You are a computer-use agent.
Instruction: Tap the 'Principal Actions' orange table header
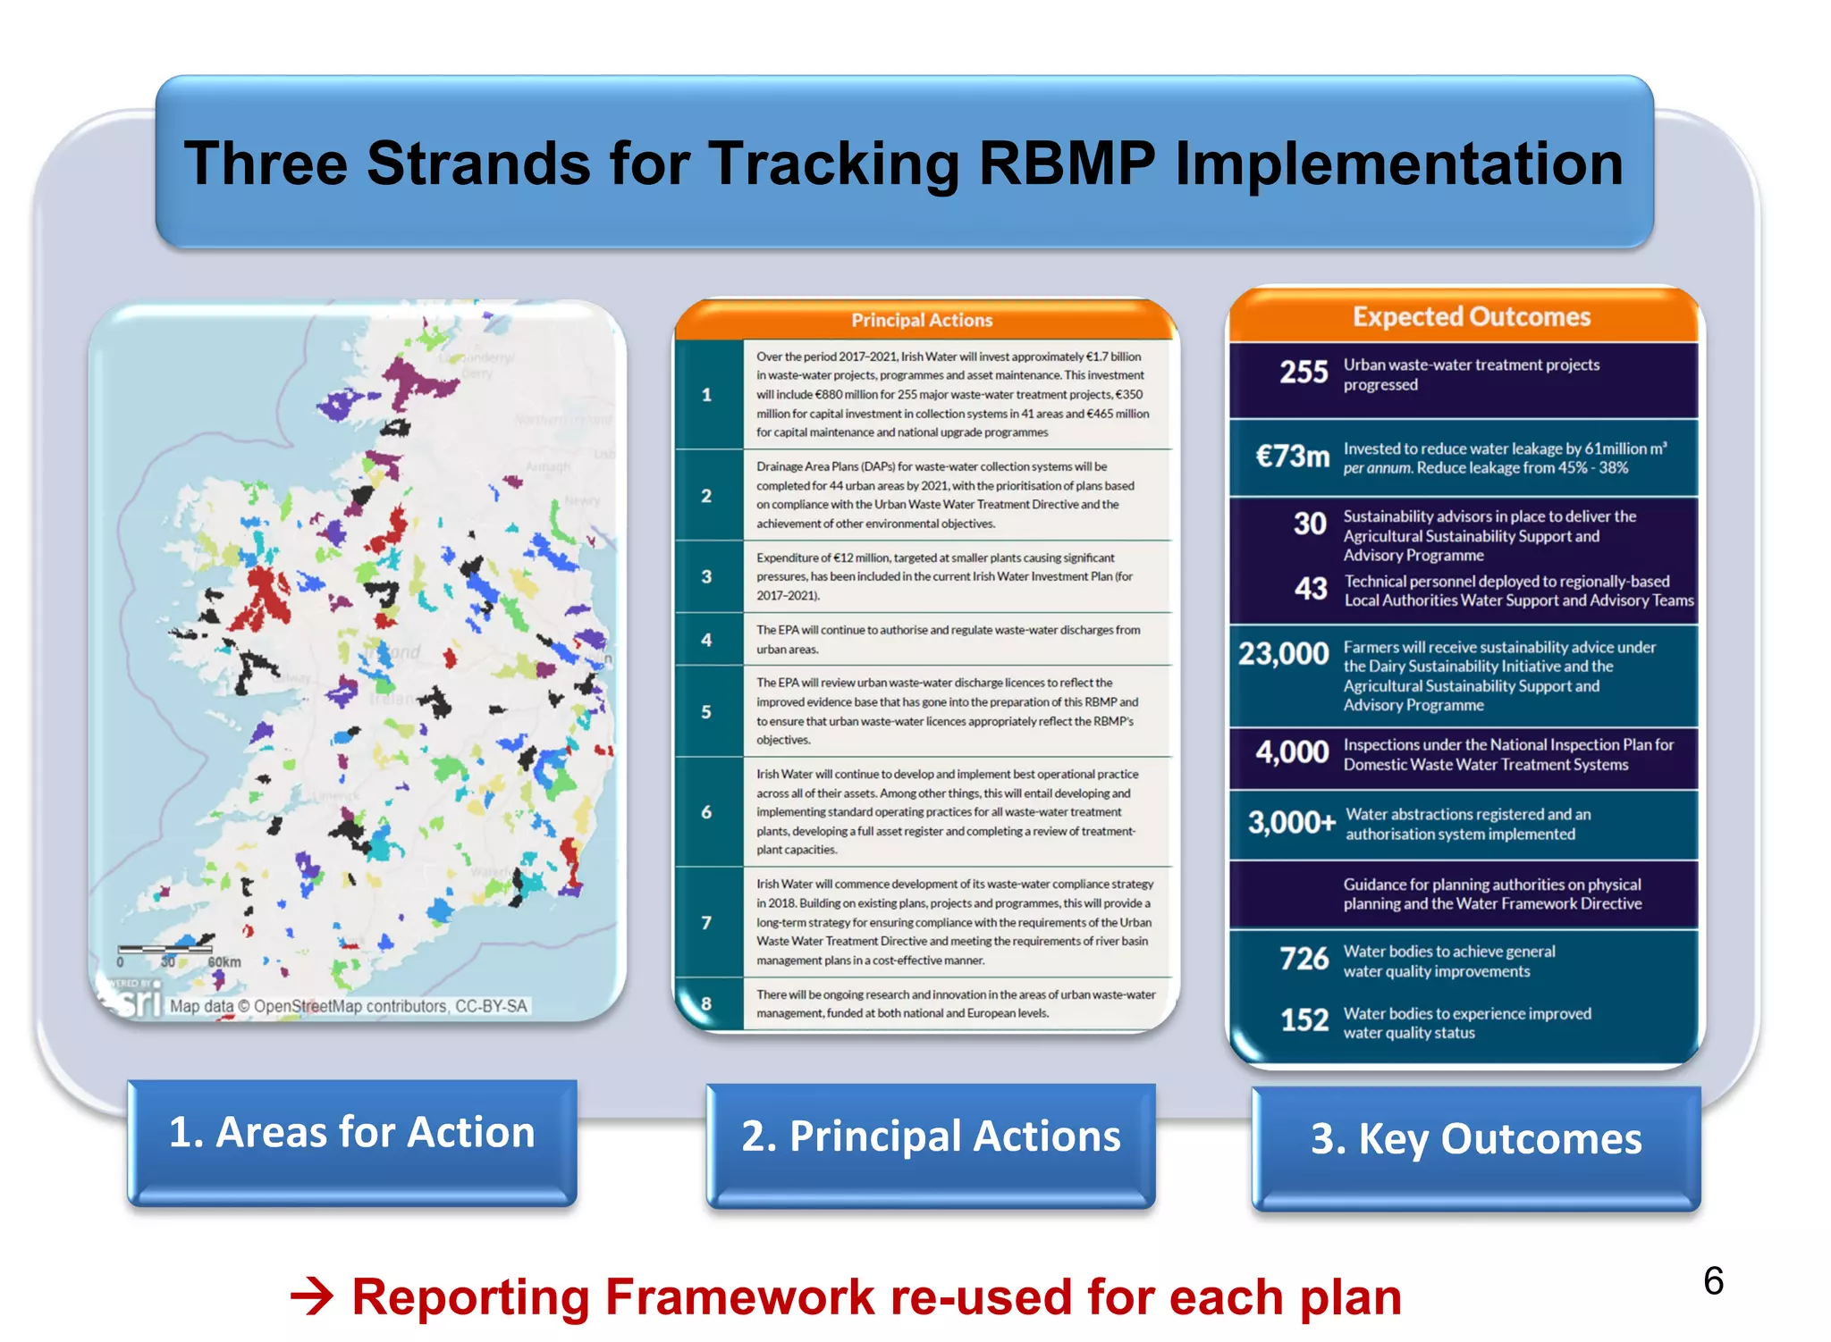click(x=922, y=320)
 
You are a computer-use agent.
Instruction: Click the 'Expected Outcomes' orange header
click(x=1471, y=317)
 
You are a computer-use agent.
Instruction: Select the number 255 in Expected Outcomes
click(x=1303, y=373)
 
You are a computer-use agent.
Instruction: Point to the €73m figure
click(x=1292, y=457)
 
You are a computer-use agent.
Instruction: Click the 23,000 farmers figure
click(x=1283, y=654)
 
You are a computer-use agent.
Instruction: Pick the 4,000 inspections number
click(x=1292, y=752)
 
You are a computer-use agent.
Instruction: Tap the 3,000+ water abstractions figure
click(x=1291, y=822)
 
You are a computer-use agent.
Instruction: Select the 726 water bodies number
click(x=1304, y=959)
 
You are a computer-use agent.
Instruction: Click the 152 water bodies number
click(x=1304, y=1020)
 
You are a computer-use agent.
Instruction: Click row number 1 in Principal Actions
click(x=706, y=395)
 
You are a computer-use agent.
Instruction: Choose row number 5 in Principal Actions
click(x=706, y=712)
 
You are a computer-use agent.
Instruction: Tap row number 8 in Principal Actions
click(x=706, y=1003)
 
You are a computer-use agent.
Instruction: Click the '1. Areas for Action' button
click(x=352, y=1134)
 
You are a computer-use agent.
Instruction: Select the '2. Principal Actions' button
click(x=931, y=1137)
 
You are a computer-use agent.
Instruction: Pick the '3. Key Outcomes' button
click(x=1476, y=1139)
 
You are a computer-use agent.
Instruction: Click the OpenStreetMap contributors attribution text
click(x=349, y=1007)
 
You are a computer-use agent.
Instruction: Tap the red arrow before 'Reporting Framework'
click(x=312, y=1296)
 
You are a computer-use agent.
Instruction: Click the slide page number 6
click(x=1713, y=1281)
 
